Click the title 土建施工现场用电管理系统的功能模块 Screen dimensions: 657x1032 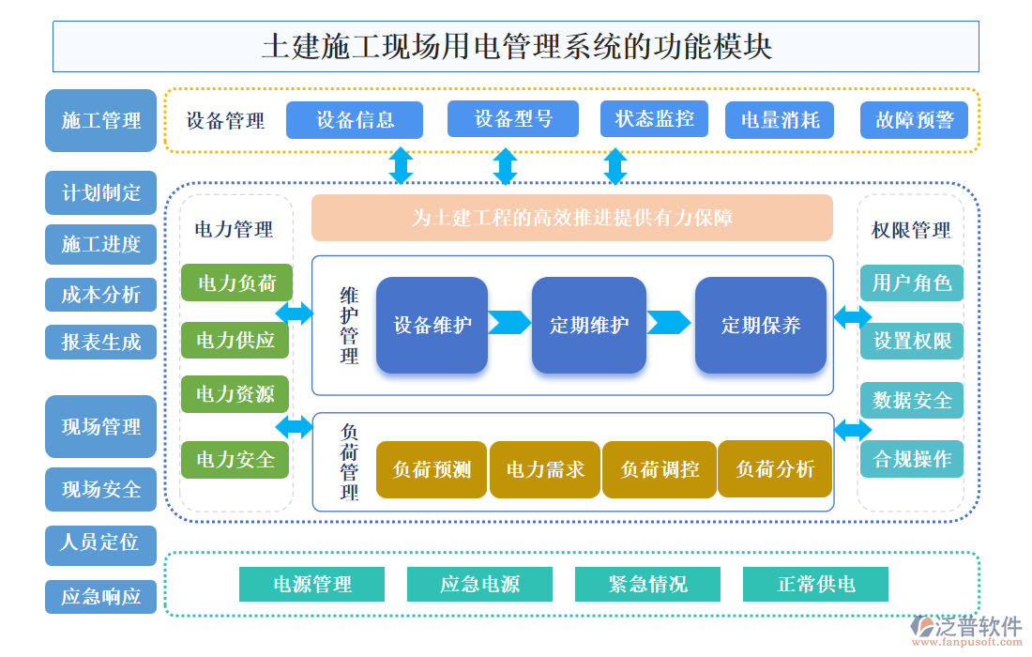tap(515, 47)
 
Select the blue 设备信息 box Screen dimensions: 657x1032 tap(354, 120)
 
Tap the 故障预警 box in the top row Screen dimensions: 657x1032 tap(914, 120)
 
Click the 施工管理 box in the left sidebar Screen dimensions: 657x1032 tap(100, 121)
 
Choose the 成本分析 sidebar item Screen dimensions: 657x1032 tap(100, 295)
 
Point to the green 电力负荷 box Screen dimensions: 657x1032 tap(235, 283)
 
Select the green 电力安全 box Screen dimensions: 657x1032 tap(235, 460)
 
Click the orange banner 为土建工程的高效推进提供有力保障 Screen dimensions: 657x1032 tap(571, 218)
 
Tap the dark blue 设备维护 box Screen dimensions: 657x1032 tap(432, 325)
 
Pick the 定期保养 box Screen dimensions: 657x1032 tap(760, 325)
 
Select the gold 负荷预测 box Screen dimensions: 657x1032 tap(432, 469)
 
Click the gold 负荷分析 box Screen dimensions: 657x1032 tap(775, 469)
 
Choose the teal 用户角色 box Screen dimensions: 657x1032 tap(911, 283)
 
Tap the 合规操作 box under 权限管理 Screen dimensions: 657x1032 tap(911, 460)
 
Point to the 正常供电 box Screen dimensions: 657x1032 tap(815, 584)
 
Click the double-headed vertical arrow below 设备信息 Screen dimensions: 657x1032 tap(401, 165)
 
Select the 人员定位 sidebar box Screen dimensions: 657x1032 tap(100, 542)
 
